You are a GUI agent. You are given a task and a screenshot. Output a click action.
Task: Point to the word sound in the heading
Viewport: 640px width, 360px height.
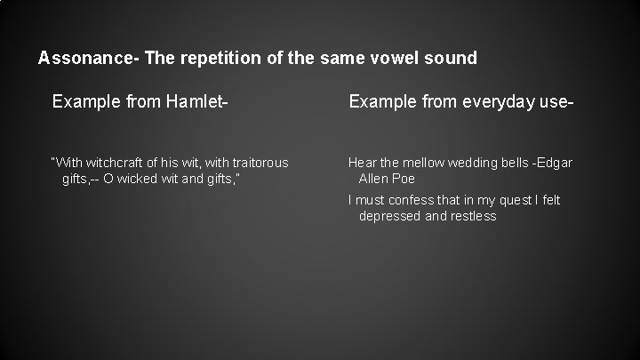click(x=450, y=59)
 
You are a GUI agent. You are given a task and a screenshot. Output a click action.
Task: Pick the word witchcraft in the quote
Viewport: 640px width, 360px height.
click(x=113, y=163)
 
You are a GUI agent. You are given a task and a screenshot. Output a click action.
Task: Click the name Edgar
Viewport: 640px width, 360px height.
click(x=556, y=163)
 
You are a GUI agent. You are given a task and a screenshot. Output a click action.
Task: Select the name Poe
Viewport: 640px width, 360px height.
click(x=404, y=179)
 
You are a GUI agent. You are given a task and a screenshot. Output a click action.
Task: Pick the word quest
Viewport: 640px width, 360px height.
click(x=513, y=200)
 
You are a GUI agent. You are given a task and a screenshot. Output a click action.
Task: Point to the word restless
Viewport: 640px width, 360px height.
click(x=474, y=216)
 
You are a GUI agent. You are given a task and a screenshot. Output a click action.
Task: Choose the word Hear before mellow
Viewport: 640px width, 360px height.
click(x=362, y=163)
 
